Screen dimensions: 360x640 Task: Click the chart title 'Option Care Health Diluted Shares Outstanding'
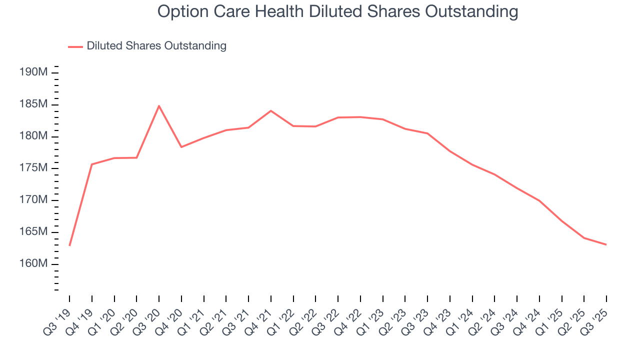click(337, 11)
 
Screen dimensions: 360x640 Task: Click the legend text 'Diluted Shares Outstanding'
click(156, 46)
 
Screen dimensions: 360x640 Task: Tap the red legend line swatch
click(75, 46)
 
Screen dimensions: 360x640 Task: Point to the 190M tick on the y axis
click(33, 72)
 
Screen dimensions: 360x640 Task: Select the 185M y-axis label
click(33, 104)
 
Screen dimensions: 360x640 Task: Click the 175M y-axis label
click(33, 168)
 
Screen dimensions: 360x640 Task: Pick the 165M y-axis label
click(33, 232)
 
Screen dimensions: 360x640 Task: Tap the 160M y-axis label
click(33, 264)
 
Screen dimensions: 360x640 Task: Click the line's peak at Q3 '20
click(159, 105)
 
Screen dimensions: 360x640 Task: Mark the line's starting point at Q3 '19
click(69, 245)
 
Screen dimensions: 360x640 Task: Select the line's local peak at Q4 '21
click(270, 110)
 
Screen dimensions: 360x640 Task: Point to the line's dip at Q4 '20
click(181, 147)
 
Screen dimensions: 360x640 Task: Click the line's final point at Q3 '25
click(606, 244)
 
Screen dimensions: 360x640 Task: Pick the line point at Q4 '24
click(539, 200)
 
